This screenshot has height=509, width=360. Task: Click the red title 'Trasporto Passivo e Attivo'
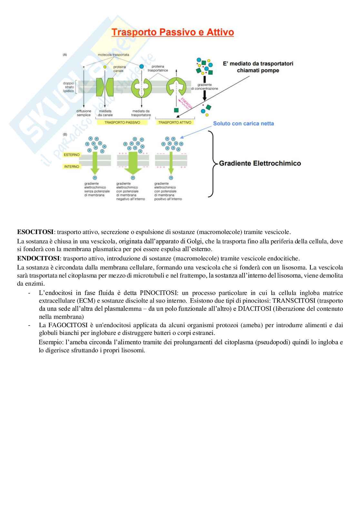tap(173, 33)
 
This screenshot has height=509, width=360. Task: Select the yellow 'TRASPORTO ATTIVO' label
tap(175, 122)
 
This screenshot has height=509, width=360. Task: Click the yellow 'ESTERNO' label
tap(71, 155)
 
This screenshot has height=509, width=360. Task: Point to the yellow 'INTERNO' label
tap(71, 167)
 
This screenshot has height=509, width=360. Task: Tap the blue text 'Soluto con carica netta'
tap(244, 123)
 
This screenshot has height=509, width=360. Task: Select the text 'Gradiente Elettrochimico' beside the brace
tap(260, 163)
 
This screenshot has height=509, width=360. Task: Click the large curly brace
tap(211, 163)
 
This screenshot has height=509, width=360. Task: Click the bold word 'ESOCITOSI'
tap(35, 232)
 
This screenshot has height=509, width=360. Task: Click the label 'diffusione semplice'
tap(84, 113)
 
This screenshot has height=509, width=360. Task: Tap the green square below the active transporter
tap(176, 110)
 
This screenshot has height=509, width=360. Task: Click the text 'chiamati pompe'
tap(258, 70)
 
